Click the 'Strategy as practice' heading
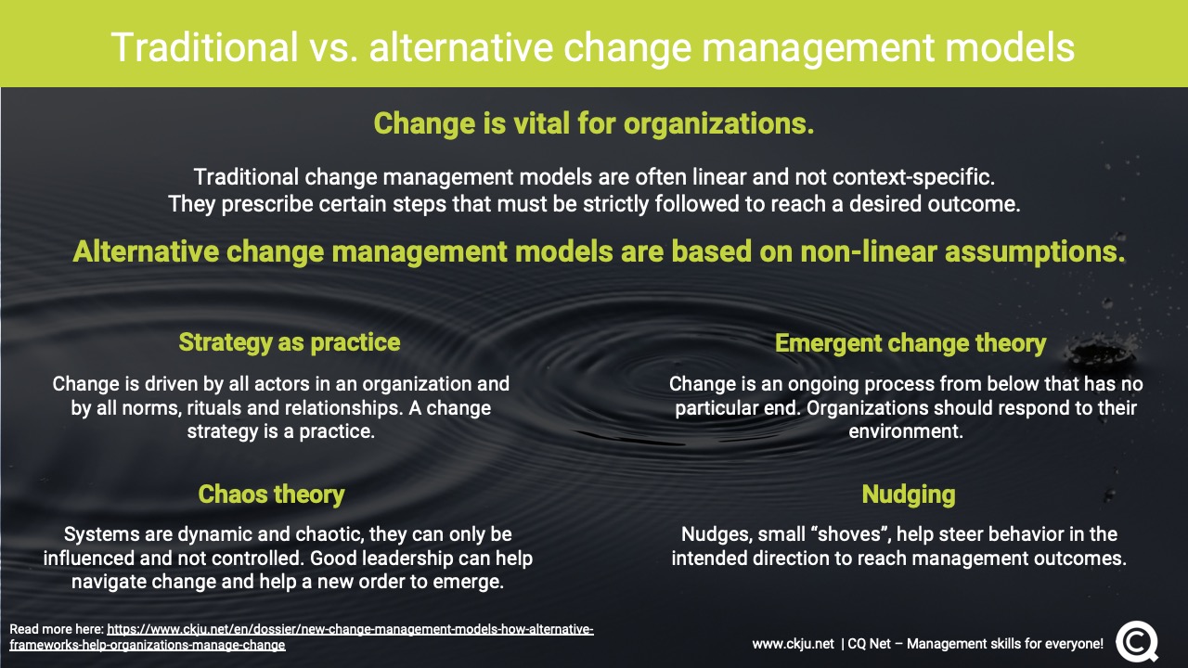pos(290,342)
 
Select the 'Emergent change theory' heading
pos(910,343)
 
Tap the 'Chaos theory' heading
pos(272,495)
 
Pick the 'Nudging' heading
pos(909,495)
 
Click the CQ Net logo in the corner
pos(1137,641)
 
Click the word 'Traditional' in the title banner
pos(205,47)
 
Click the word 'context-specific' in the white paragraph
pos(912,177)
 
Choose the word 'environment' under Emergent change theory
pos(905,431)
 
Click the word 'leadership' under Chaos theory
pos(402,559)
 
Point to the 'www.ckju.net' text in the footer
pos(793,644)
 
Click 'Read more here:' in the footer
pos(57,629)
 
